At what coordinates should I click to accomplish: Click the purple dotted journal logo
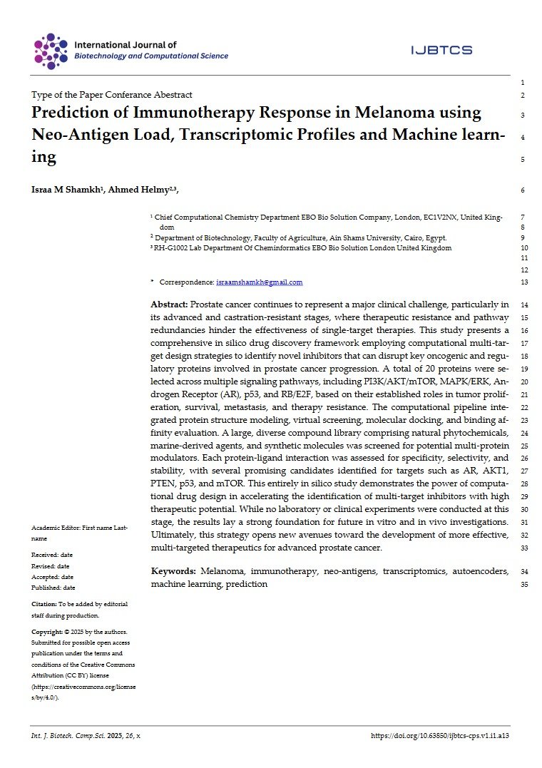51,51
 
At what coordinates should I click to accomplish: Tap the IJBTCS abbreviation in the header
441,50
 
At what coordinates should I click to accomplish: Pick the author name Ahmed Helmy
139,190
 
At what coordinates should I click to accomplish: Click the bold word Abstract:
169,304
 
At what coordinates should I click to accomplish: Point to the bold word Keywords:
173,571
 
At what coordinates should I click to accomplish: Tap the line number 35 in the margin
523,585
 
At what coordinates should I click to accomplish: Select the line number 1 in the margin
523,83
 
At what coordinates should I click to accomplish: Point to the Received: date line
52,554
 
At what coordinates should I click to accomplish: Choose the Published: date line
53,588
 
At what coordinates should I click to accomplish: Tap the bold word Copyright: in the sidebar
48,632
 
